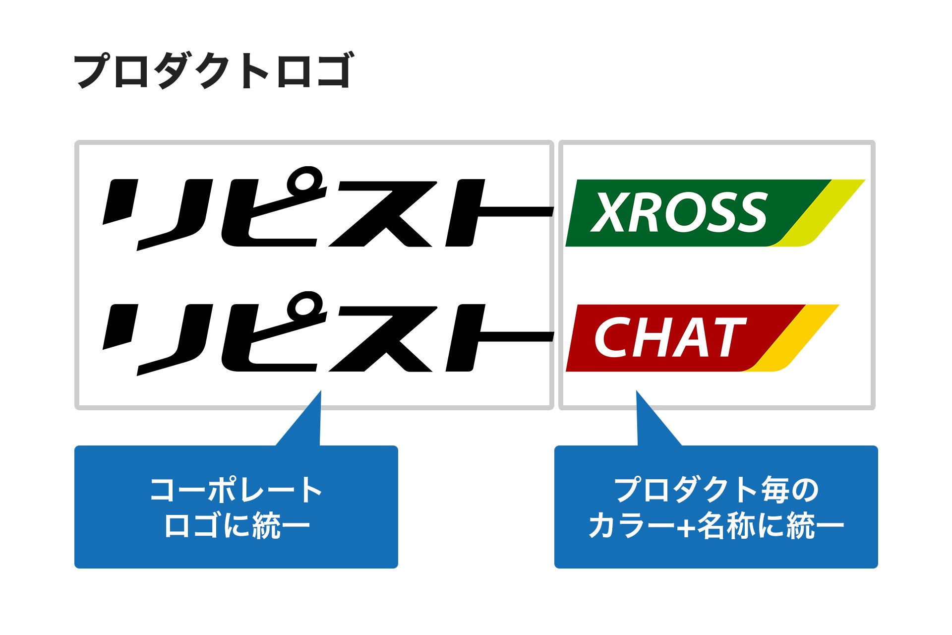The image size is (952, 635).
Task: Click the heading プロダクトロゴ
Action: coord(213,71)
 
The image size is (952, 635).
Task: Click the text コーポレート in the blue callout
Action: coord(236,490)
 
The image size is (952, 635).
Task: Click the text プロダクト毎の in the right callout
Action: coord(716,490)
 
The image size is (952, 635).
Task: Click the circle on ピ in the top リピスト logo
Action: coord(304,180)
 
